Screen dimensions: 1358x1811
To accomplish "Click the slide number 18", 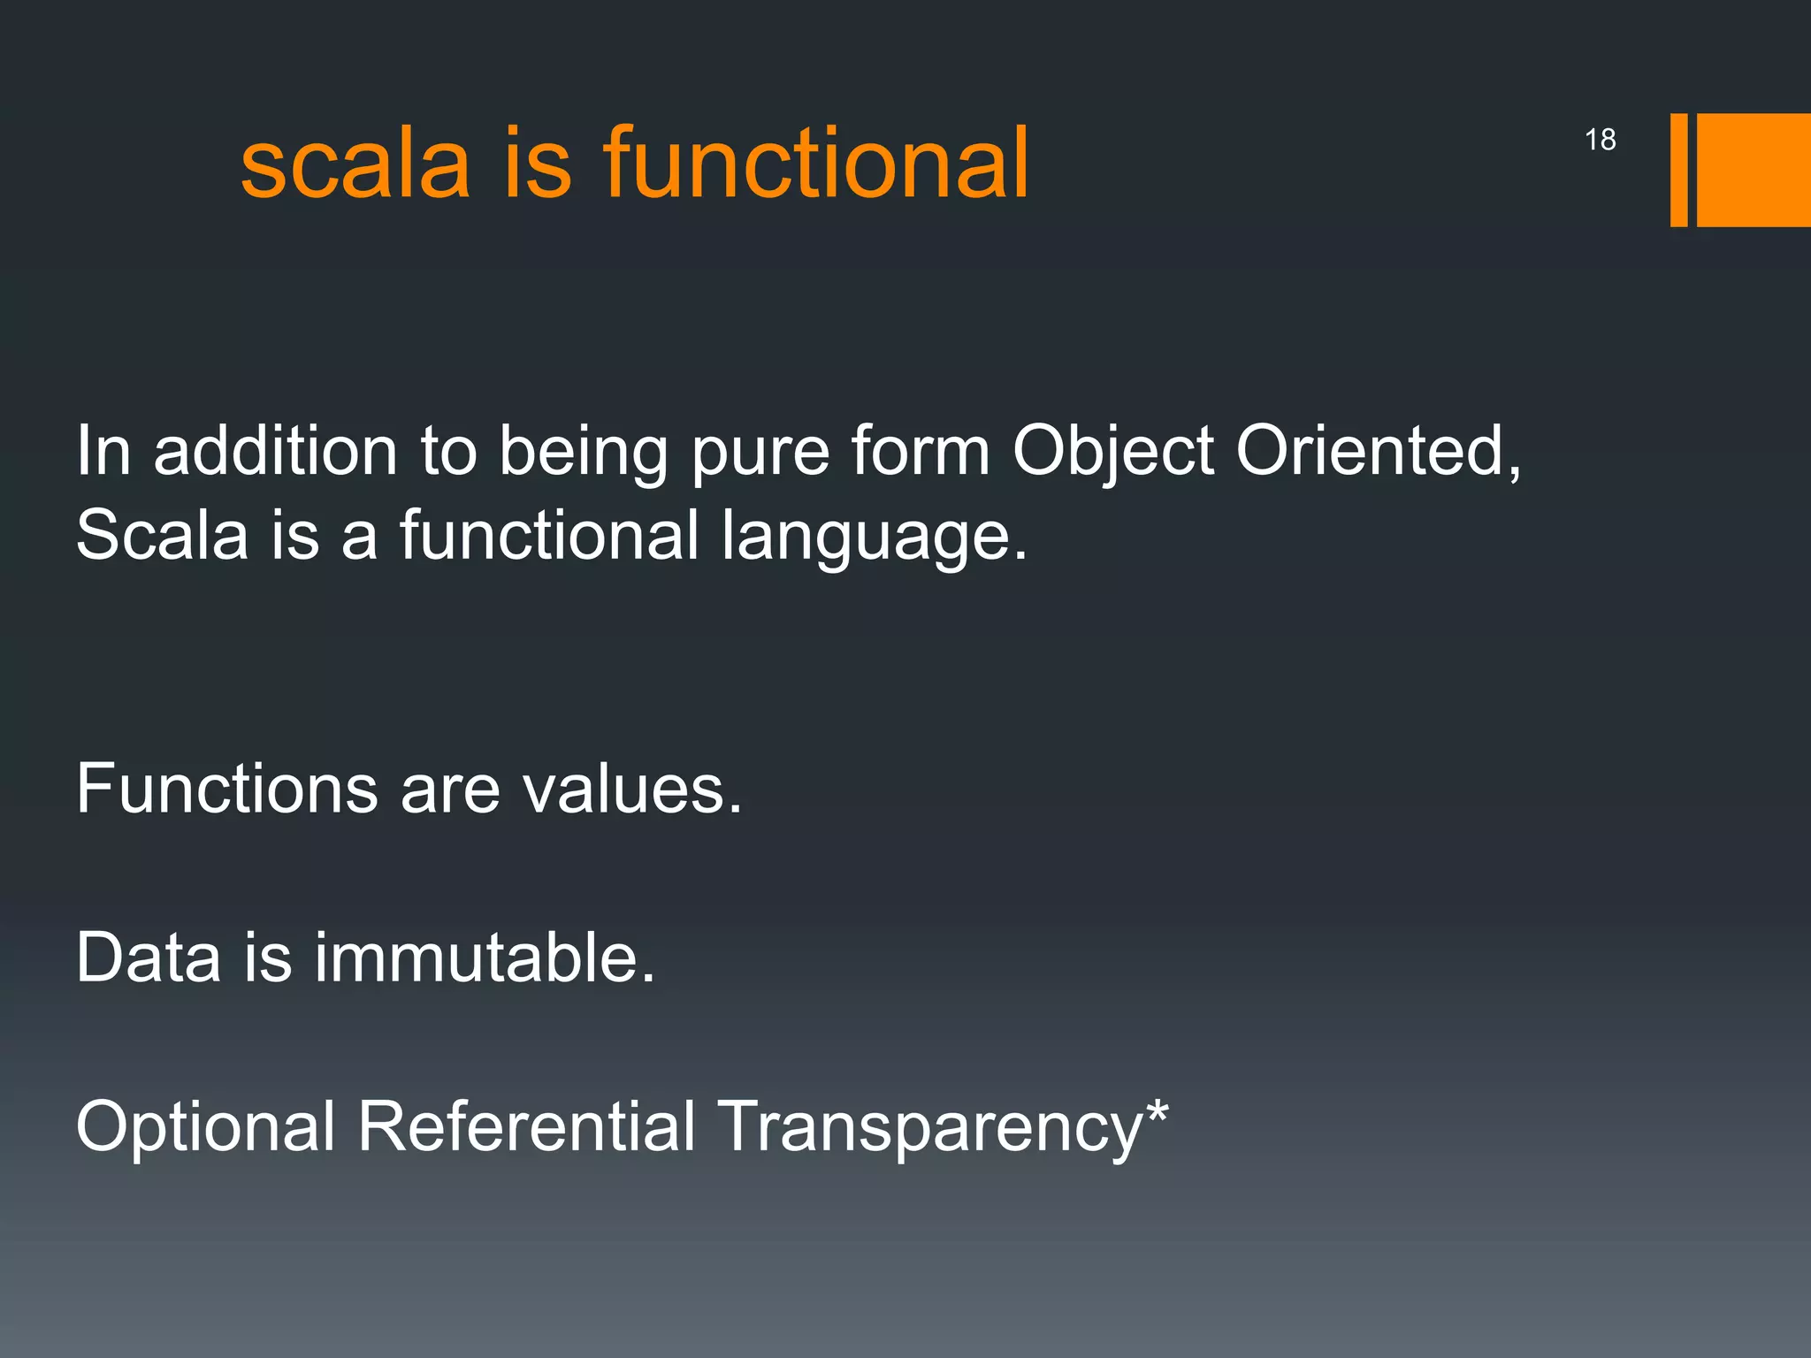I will tap(1600, 140).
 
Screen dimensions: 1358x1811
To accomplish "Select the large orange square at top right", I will tap(1754, 170).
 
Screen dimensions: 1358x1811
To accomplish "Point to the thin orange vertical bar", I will tap(1678, 170).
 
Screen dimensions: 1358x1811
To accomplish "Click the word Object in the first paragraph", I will tap(1113, 452).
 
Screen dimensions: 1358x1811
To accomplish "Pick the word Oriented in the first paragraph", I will tap(1378, 452).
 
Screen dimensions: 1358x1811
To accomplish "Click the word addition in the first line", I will tap(275, 452).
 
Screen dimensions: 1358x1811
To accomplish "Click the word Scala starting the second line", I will tap(163, 536).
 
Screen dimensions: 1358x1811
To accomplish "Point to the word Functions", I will tap(227, 789).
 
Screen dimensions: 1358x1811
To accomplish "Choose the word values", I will tap(632, 789).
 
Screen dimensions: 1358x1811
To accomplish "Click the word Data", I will tap(149, 957).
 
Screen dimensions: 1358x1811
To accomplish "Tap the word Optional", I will tap(205, 1128).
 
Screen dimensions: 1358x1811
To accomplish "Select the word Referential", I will tap(527, 1126).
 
